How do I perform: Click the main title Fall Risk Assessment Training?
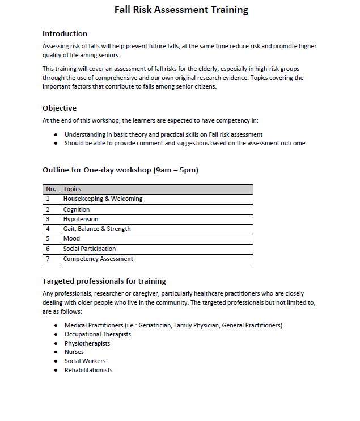tap(181, 10)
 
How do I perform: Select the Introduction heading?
tap(65, 33)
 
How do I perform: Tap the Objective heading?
tap(60, 108)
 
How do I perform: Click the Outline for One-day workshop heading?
tap(120, 170)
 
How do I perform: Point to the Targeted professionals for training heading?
tap(104, 281)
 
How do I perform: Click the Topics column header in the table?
tap(72, 189)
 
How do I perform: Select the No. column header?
tap(51, 189)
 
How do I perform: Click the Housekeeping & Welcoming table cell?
tap(103, 199)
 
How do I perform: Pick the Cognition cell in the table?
tap(77, 209)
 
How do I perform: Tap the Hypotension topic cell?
tap(81, 219)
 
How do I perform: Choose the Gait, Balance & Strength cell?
tap(97, 229)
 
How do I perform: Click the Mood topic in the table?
tap(71, 239)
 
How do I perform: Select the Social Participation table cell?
tap(90, 249)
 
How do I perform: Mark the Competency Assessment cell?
tap(98, 259)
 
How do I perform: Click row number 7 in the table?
tap(48, 259)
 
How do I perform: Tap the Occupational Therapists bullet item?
tap(98, 334)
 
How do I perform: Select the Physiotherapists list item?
tap(87, 343)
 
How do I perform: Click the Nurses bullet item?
tap(74, 352)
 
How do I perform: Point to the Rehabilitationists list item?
tap(88, 370)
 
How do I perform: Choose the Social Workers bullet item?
tap(85, 361)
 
